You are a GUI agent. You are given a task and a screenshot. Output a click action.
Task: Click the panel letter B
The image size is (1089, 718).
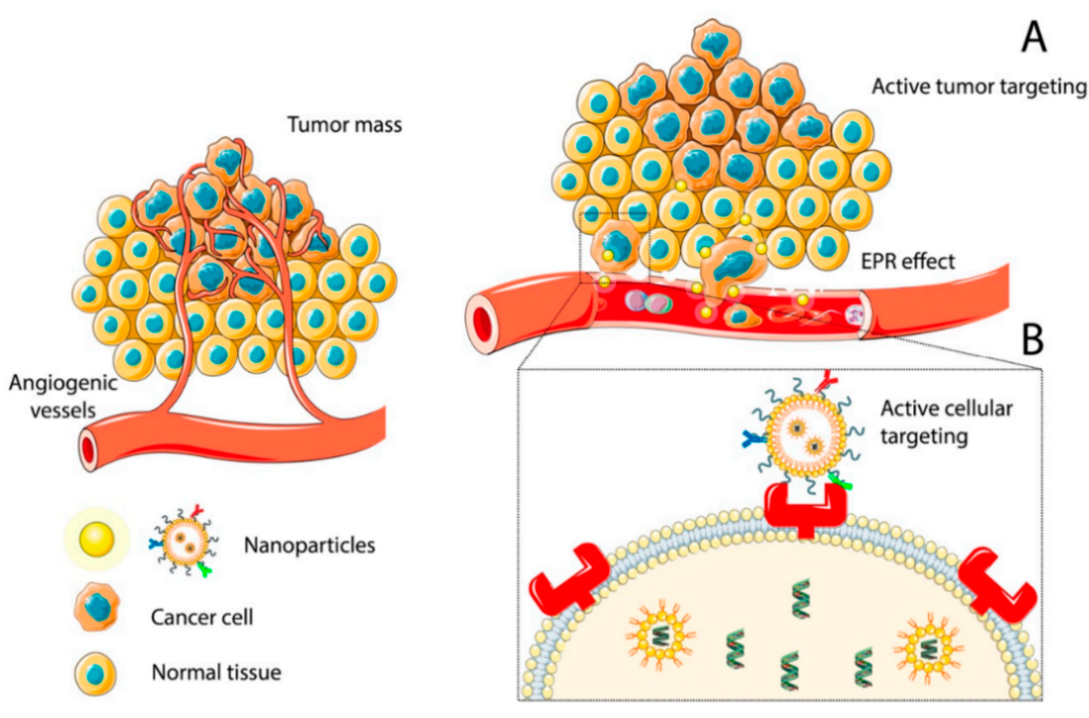pos(1033,340)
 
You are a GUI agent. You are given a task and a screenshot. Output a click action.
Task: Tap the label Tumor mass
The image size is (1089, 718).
pos(345,125)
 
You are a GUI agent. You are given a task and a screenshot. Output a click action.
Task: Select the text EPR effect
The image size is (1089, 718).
pos(907,261)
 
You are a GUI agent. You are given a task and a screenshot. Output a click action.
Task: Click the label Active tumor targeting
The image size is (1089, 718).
pos(979,87)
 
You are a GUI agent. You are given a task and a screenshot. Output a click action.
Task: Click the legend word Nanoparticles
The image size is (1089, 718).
pos(309,545)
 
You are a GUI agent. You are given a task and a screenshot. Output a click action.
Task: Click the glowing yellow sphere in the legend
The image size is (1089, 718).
pos(97,539)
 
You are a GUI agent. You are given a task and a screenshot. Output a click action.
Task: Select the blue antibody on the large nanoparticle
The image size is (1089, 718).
pos(753,439)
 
